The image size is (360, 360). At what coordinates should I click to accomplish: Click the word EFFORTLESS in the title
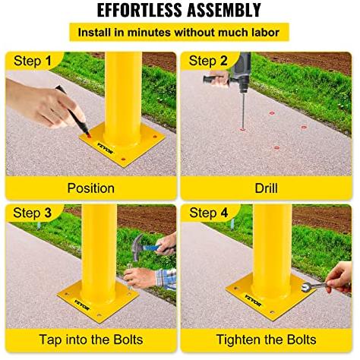click(x=140, y=10)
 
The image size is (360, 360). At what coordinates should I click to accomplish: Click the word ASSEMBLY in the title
click(x=224, y=10)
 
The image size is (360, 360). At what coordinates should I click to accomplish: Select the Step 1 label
click(x=33, y=62)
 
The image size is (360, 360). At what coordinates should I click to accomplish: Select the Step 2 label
click(x=208, y=61)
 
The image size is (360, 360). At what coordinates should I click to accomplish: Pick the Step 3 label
click(x=32, y=213)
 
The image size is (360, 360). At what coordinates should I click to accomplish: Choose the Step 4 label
click(x=208, y=213)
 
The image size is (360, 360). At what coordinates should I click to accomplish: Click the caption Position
click(x=90, y=188)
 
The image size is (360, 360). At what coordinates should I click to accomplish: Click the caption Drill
click(x=266, y=188)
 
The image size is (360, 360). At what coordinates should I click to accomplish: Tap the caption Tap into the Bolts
click(x=91, y=339)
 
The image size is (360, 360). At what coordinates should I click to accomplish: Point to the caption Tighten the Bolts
click(x=266, y=339)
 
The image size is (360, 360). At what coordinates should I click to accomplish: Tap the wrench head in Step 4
click(x=306, y=287)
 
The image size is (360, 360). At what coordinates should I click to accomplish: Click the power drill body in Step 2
click(x=242, y=72)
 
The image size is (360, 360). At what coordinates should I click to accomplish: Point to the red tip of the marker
click(x=89, y=136)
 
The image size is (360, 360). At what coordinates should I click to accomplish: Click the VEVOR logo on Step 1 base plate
click(x=105, y=148)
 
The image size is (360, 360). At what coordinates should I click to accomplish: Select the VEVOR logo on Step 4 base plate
click(x=253, y=300)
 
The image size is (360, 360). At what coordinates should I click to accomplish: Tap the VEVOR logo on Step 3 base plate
click(x=81, y=305)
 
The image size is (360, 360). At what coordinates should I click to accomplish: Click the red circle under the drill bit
click(x=243, y=129)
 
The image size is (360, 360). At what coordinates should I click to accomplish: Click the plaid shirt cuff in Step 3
click(x=166, y=279)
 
